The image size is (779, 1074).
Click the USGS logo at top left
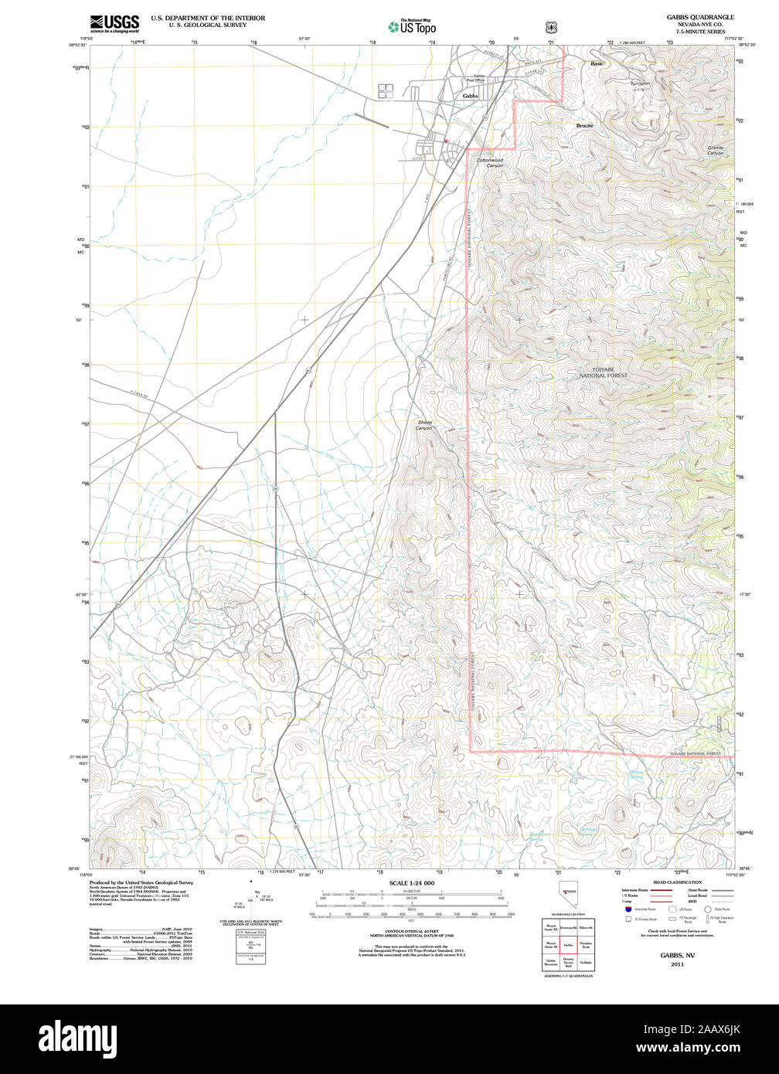[114, 22]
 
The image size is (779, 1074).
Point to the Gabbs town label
[470, 96]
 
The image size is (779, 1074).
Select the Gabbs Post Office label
[475, 78]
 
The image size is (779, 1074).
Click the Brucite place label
[585, 125]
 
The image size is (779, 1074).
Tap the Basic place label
[597, 63]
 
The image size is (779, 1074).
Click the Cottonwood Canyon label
[490, 163]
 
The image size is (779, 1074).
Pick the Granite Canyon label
[716, 150]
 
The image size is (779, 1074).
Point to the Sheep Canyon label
[424, 425]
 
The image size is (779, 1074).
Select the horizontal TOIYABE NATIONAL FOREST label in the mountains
[604, 372]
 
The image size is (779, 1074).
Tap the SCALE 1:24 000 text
[411, 882]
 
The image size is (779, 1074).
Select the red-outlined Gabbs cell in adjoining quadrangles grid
[568, 945]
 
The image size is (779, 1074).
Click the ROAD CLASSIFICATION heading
[677, 882]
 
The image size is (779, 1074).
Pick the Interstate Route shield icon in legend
[628, 909]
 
